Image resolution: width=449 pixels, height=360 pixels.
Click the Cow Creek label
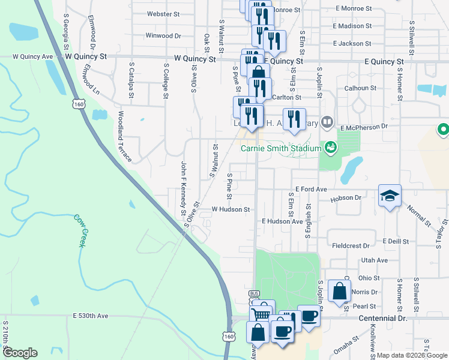pyautogui.click(x=80, y=231)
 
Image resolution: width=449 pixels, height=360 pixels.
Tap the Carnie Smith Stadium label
pyautogui.click(x=282, y=148)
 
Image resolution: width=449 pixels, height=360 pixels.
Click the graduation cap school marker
pyautogui.click(x=389, y=196)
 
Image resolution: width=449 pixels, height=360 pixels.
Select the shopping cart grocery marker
pyautogui.click(x=261, y=314)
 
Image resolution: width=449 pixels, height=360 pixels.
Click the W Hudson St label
pyautogui.click(x=231, y=209)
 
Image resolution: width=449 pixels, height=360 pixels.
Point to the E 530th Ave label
pyautogui.click(x=90, y=316)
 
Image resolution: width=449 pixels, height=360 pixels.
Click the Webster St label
pyautogui.click(x=163, y=13)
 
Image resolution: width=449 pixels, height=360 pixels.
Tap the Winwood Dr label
pyautogui.click(x=163, y=36)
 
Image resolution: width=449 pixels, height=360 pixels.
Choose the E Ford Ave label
pyautogui.click(x=310, y=189)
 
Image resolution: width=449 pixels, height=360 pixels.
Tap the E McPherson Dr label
pyautogui.click(x=365, y=128)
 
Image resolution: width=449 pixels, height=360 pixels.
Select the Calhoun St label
pyautogui.click(x=360, y=88)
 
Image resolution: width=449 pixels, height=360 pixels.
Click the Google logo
pyautogui.click(x=20, y=353)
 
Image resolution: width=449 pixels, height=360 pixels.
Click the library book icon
pyautogui.click(x=327, y=123)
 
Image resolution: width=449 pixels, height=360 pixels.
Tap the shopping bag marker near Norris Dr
pyautogui.click(x=340, y=291)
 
